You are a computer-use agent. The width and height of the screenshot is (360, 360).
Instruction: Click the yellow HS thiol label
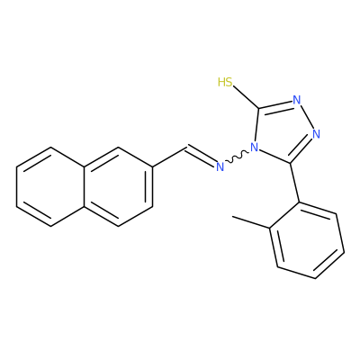225,82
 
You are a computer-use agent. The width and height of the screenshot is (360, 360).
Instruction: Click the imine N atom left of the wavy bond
220,166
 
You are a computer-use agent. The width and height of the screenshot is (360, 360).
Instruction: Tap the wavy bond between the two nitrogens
237,157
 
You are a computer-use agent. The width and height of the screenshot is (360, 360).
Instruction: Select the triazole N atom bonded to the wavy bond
255,148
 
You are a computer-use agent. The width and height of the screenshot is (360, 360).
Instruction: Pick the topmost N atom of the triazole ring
297,100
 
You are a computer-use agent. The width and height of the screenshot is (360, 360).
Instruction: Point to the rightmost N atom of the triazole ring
316,134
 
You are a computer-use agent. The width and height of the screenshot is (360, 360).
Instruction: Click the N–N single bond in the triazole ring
307,117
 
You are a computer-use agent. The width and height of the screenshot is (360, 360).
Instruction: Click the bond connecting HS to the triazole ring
246,97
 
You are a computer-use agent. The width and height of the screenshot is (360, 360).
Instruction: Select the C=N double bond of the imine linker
202,156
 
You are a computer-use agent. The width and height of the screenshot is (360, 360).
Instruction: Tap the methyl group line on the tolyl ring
251,222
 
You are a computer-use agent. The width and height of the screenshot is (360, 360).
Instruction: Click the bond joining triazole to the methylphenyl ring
295,183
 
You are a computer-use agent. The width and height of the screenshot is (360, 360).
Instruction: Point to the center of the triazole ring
283,130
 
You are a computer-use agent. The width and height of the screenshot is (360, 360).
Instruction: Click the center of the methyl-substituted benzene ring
307,240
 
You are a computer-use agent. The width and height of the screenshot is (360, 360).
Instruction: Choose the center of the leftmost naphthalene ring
50,186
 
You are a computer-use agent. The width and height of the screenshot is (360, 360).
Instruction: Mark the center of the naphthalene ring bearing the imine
119,186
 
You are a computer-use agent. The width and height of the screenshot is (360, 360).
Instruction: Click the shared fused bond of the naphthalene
85,186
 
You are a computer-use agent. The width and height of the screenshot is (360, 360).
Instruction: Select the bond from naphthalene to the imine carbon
170,157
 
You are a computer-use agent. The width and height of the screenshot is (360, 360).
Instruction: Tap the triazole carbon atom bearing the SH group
259,108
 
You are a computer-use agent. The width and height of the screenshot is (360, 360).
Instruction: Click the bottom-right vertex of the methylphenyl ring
315,278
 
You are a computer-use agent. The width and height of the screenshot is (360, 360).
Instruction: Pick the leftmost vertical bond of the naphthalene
16,186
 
